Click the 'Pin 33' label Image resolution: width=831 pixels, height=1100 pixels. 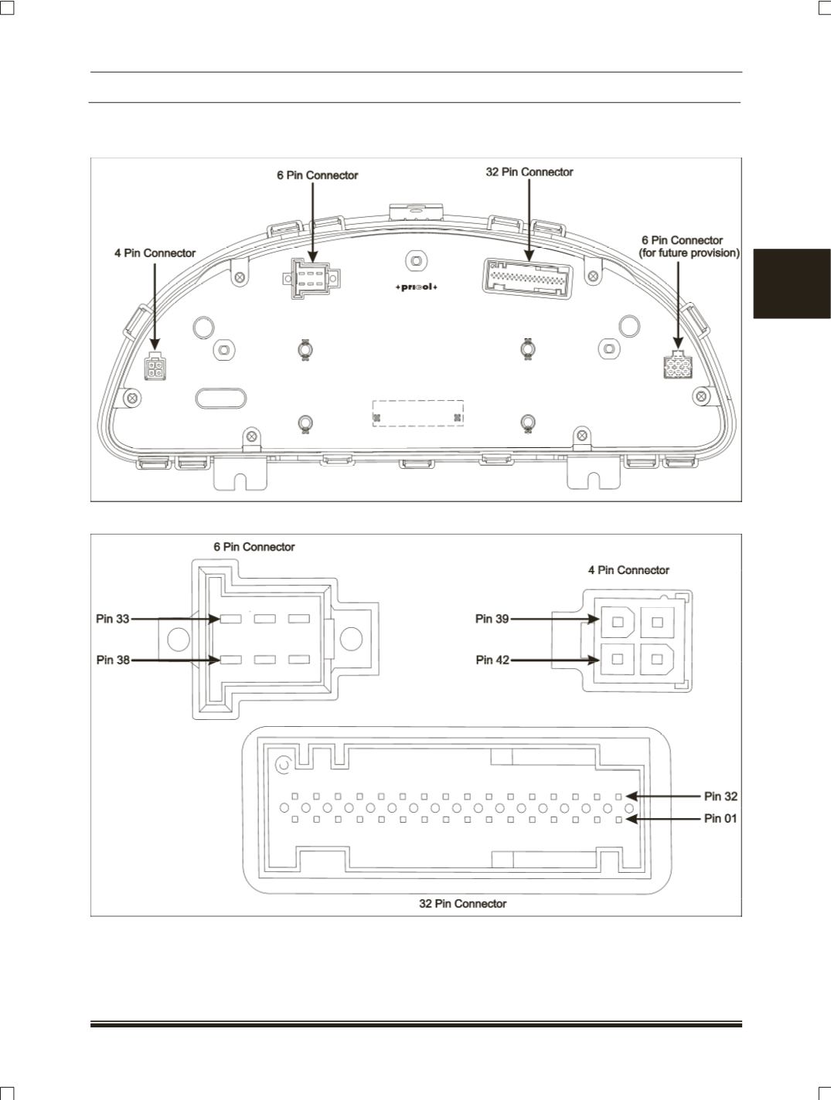click(112, 619)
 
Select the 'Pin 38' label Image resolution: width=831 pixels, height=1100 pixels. click(113, 660)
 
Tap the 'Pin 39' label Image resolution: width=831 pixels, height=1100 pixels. click(492, 619)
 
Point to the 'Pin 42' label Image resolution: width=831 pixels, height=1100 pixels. click(492, 660)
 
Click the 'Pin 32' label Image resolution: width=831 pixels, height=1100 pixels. click(720, 796)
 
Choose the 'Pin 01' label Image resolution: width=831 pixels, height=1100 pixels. click(720, 818)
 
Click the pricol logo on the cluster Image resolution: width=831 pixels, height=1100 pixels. click(416, 287)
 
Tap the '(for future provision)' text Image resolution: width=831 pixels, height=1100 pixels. click(689, 253)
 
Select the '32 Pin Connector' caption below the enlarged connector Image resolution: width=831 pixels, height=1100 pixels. click(462, 904)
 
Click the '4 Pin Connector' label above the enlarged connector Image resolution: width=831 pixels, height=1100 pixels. click(628, 570)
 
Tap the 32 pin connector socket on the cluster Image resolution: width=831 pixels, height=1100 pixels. click(527, 279)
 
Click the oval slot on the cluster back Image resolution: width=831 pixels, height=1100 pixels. click(220, 398)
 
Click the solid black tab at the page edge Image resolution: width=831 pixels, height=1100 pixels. click(792, 283)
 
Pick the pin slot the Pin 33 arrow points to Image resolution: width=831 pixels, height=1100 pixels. click(230, 619)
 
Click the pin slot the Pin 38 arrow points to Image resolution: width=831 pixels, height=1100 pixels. click(230, 660)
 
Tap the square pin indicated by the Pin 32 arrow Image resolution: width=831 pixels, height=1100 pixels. click(619, 797)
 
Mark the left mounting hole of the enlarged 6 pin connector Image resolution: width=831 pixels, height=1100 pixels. click(178, 639)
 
